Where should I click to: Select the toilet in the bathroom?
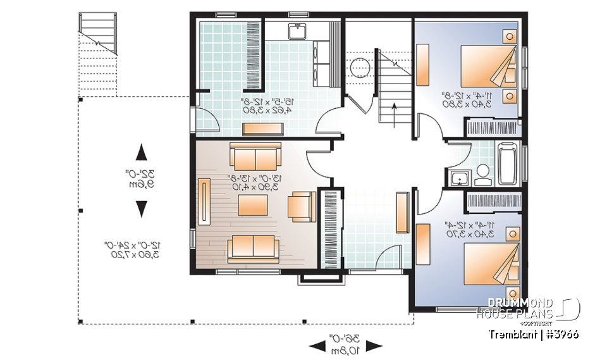(482, 175)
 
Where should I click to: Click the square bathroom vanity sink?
(458, 178)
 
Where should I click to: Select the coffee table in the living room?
(253, 205)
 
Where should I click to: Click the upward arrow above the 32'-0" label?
(142, 152)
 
